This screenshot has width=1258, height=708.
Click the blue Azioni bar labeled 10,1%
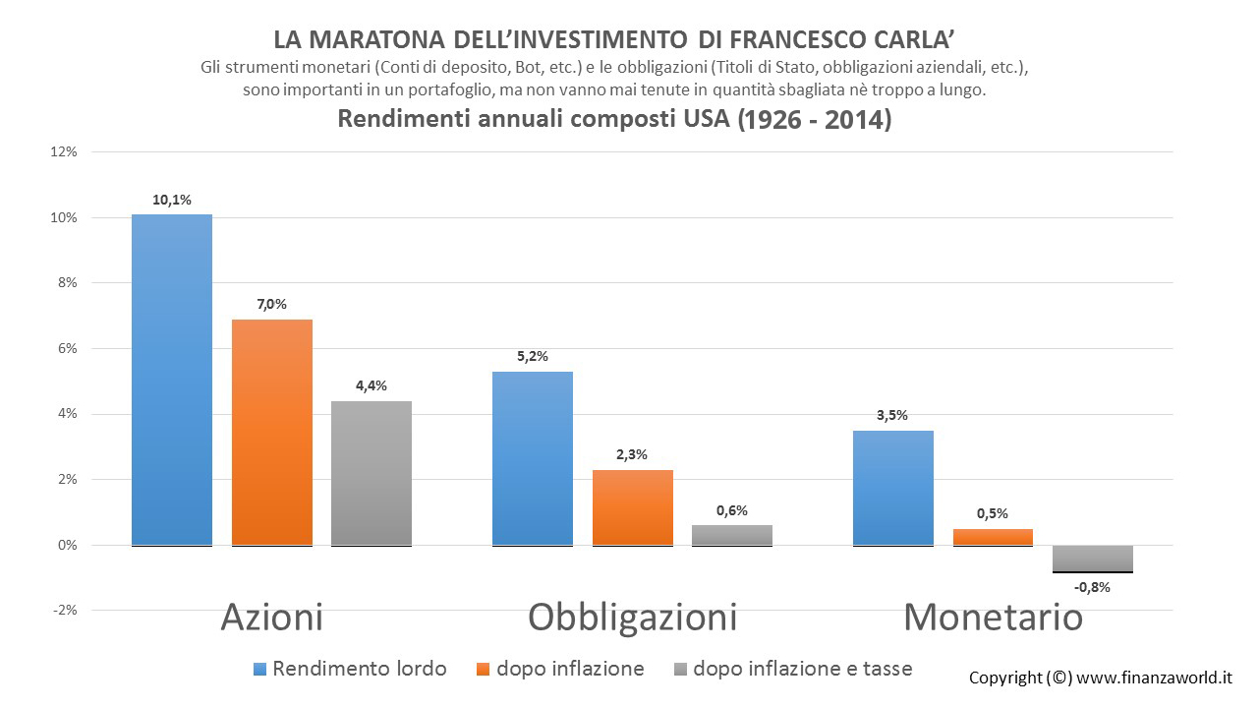click(x=172, y=380)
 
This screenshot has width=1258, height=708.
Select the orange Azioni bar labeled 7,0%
click(x=272, y=433)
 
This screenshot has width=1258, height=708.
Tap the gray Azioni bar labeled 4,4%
click(x=372, y=473)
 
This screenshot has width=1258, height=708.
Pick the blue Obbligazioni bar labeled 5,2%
click(x=533, y=458)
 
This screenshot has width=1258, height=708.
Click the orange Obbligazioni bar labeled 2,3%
click(x=632, y=508)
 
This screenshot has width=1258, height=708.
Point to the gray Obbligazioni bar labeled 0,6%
click(x=732, y=536)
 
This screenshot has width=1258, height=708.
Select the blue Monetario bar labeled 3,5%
click(x=893, y=489)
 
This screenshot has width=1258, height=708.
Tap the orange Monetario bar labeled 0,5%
click(x=993, y=537)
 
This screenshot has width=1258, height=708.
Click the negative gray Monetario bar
click(x=1092, y=559)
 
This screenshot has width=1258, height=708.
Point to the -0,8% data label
click(x=1092, y=588)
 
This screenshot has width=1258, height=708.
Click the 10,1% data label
click(x=172, y=200)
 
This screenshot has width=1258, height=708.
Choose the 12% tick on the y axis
click(x=64, y=151)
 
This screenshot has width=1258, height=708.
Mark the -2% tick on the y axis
click(x=65, y=611)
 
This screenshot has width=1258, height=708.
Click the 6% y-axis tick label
click(x=68, y=348)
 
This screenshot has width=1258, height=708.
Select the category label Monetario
click(x=993, y=618)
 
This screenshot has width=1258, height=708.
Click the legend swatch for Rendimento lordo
click(x=259, y=670)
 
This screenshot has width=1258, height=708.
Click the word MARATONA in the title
click(x=376, y=40)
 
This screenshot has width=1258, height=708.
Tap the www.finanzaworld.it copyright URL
click(x=1154, y=678)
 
